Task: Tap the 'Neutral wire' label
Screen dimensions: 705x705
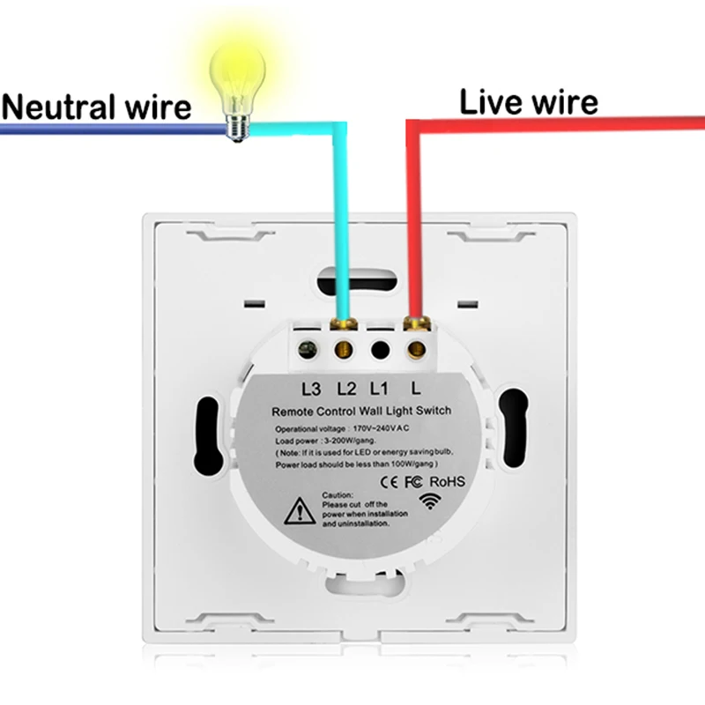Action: (96, 107)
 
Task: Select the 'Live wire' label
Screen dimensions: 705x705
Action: (528, 102)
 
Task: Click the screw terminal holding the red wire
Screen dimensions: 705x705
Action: (413, 348)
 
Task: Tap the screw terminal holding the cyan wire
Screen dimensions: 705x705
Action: (345, 348)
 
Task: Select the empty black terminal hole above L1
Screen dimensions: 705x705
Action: (379, 348)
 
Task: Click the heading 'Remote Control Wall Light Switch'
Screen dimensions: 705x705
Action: (361, 410)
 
